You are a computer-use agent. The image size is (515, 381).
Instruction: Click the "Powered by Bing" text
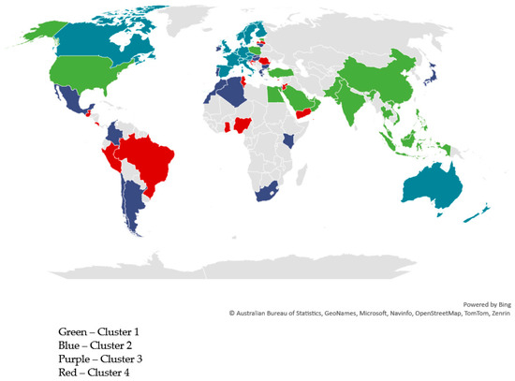click(486, 303)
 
